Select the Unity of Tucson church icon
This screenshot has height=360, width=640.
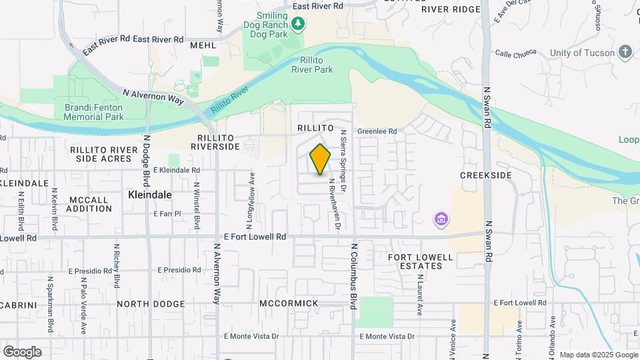click(625, 51)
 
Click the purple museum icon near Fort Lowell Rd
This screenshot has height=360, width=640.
click(440, 219)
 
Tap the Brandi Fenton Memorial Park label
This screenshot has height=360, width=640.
click(93, 112)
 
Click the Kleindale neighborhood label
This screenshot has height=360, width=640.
click(149, 195)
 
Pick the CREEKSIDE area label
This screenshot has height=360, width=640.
click(485, 175)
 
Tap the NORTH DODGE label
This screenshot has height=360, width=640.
click(151, 304)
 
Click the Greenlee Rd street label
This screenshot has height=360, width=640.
click(377, 132)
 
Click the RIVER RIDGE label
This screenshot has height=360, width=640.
click(451, 9)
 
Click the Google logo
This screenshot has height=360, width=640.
click(22, 352)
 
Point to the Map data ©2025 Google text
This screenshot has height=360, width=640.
click(598, 355)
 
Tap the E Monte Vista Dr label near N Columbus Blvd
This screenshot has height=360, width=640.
click(387, 337)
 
